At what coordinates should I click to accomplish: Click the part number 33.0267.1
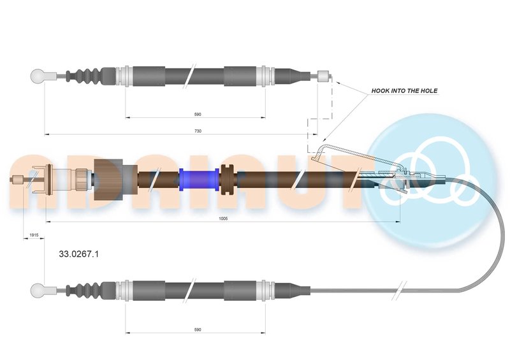pyautogui.click(x=78, y=254)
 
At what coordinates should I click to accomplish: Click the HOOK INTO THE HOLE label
pyautogui.click(x=404, y=91)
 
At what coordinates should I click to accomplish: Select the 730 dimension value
pyautogui.click(x=198, y=131)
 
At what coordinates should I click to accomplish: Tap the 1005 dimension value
pyautogui.click(x=222, y=218)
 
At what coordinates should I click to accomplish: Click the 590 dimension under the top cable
pyautogui.click(x=198, y=114)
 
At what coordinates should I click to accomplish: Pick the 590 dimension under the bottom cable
pyautogui.click(x=198, y=329)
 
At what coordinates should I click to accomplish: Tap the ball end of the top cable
pyautogui.click(x=40, y=76)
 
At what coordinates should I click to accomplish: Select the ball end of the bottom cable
pyautogui.click(x=40, y=291)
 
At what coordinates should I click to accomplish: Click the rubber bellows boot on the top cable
pyautogui.click(x=87, y=76)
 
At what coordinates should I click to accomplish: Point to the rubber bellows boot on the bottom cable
pyautogui.click(x=87, y=291)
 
